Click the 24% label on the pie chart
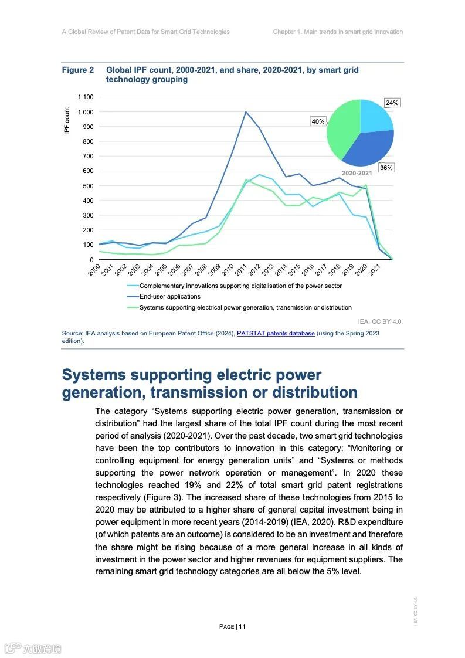[392, 103]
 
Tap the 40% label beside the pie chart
[317, 121]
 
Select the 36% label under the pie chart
[386, 168]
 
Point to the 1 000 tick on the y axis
[84, 111]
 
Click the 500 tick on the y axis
[88, 185]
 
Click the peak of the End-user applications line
[246, 112]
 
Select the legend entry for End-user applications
[169, 297]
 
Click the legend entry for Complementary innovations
[240, 286]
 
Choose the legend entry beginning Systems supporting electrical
[245, 307]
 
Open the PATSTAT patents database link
[276, 333]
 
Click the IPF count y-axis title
[67, 121]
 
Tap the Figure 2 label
[78, 70]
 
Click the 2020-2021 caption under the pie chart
[357, 174]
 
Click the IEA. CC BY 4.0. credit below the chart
[380, 321]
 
